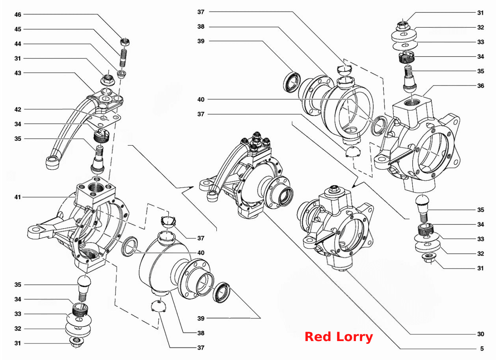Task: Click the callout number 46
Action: point(18,15)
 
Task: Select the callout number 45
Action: point(18,29)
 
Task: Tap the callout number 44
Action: point(18,44)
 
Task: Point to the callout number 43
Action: point(18,73)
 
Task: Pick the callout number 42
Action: point(18,110)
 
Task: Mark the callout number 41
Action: point(18,197)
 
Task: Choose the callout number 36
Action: point(480,86)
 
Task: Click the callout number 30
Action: point(480,334)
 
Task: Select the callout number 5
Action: point(482,349)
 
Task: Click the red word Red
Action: point(318,337)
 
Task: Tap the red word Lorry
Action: point(355,338)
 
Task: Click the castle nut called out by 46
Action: point(125,42)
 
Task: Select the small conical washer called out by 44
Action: point(121,74)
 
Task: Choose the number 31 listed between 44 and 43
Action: point(18,59)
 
